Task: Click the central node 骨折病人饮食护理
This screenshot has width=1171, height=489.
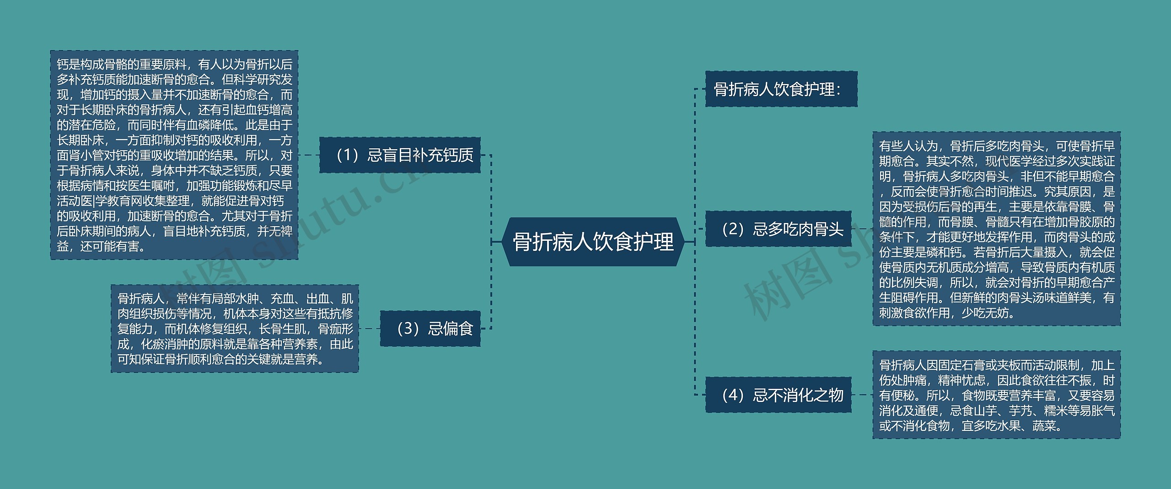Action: tap(593, 242)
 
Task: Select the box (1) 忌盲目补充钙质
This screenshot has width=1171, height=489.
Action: tap(400, 155)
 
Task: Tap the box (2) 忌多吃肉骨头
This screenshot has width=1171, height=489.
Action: tap(778, 229)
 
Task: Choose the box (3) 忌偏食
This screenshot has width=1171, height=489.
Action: tap(430, 329)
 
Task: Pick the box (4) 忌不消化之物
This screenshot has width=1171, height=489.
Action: tap(778, 395)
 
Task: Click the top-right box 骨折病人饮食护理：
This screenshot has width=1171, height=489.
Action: tap(781, 89)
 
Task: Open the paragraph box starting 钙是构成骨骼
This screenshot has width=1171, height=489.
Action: tap(174, 155)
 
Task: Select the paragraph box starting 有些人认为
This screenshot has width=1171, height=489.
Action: tap(996, 229)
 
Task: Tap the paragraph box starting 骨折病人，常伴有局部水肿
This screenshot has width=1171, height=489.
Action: tap(235, 329)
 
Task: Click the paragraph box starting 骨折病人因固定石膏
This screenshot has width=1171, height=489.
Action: tap(996, 395)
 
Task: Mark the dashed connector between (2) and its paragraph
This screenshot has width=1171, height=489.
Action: tap(862, 228)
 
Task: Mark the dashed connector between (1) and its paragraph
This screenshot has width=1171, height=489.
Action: tap(309, 155)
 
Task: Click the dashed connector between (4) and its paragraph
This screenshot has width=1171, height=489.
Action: tap(862, 395)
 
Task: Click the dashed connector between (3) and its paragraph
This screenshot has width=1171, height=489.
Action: tap(369, 329)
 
